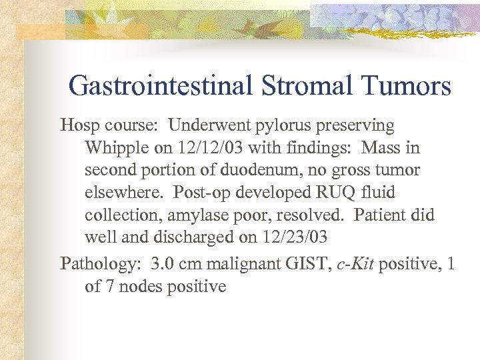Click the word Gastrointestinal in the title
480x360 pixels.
coord(160,86)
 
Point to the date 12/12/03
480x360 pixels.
coord(203,147)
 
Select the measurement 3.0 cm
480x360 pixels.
coord(177,263)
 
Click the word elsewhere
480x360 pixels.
coord(124,193)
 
